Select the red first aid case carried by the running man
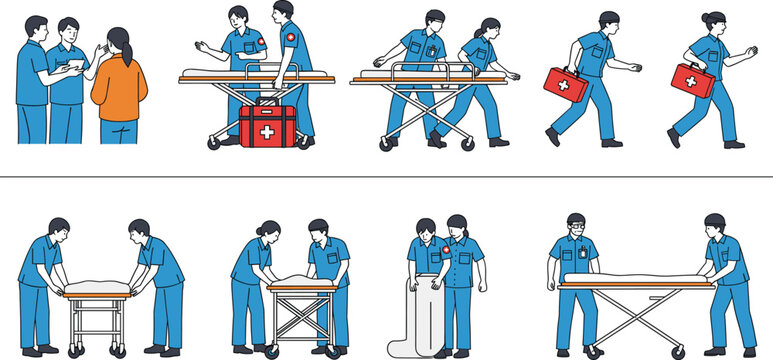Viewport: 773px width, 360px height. (x=564, y=84)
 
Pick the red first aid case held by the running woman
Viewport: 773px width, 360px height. (x=689, y=80)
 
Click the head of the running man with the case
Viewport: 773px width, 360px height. (x=608, y=22)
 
